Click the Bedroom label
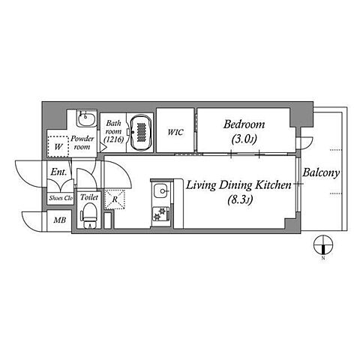click(244, 124)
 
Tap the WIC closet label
click(175, 132)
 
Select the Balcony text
click(321, 172)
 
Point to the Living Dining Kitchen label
click(238, 185)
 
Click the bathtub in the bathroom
click(141, 133)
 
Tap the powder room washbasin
click(86, 119)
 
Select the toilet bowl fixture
click(88, 215)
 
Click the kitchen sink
click(160, 191)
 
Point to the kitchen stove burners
click(160, 214)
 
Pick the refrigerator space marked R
click(115, 199)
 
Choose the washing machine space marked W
click(58, 147)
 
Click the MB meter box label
click(60, 220)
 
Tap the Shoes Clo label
click(61, 198)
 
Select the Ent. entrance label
click(59, 172)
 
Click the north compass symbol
click(323, 244)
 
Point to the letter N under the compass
click(323, 258)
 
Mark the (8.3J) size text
click(240, 199)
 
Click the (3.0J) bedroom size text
click(244, 139)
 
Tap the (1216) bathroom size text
click(114, 139)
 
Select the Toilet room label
click(89, 197)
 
